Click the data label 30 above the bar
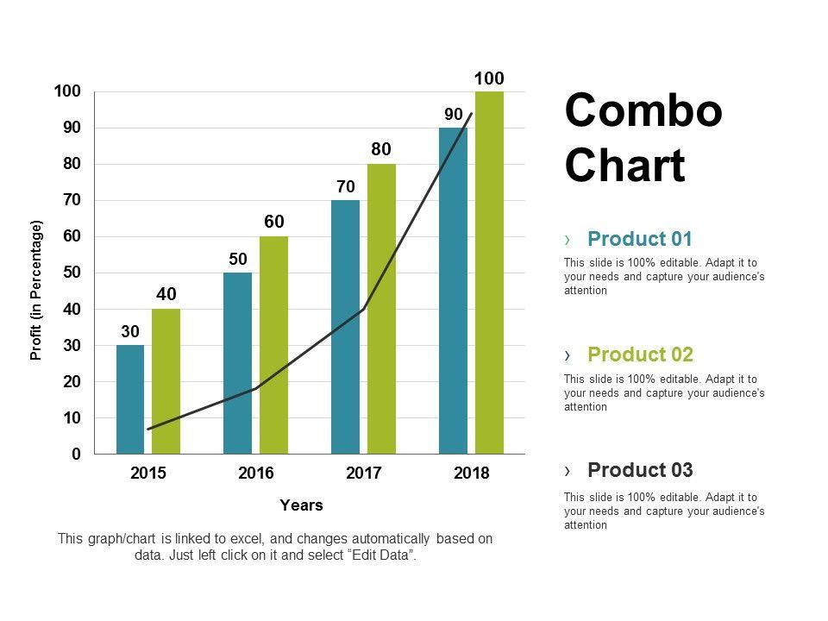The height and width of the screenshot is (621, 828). tap(130, 331)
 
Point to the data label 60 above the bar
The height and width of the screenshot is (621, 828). tap(274, 222)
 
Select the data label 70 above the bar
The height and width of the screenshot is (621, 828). tap(345, 185)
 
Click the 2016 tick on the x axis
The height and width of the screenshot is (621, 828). tap(256, 473)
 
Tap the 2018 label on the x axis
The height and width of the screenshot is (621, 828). tap(471, 473)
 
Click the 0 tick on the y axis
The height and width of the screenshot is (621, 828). tap(76, 454)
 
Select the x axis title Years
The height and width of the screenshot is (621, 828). tap(301, 505)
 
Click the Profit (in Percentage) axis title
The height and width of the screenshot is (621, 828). tap(36, 290)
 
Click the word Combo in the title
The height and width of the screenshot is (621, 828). tap(643, 111)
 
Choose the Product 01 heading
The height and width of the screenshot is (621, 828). tap(639, 239)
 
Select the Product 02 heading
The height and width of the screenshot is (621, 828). tap(640, 354)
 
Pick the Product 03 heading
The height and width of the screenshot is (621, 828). tap(640, 470)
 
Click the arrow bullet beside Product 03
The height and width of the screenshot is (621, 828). tap(568, 471)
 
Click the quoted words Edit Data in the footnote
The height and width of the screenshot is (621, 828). tap(381, 556)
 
